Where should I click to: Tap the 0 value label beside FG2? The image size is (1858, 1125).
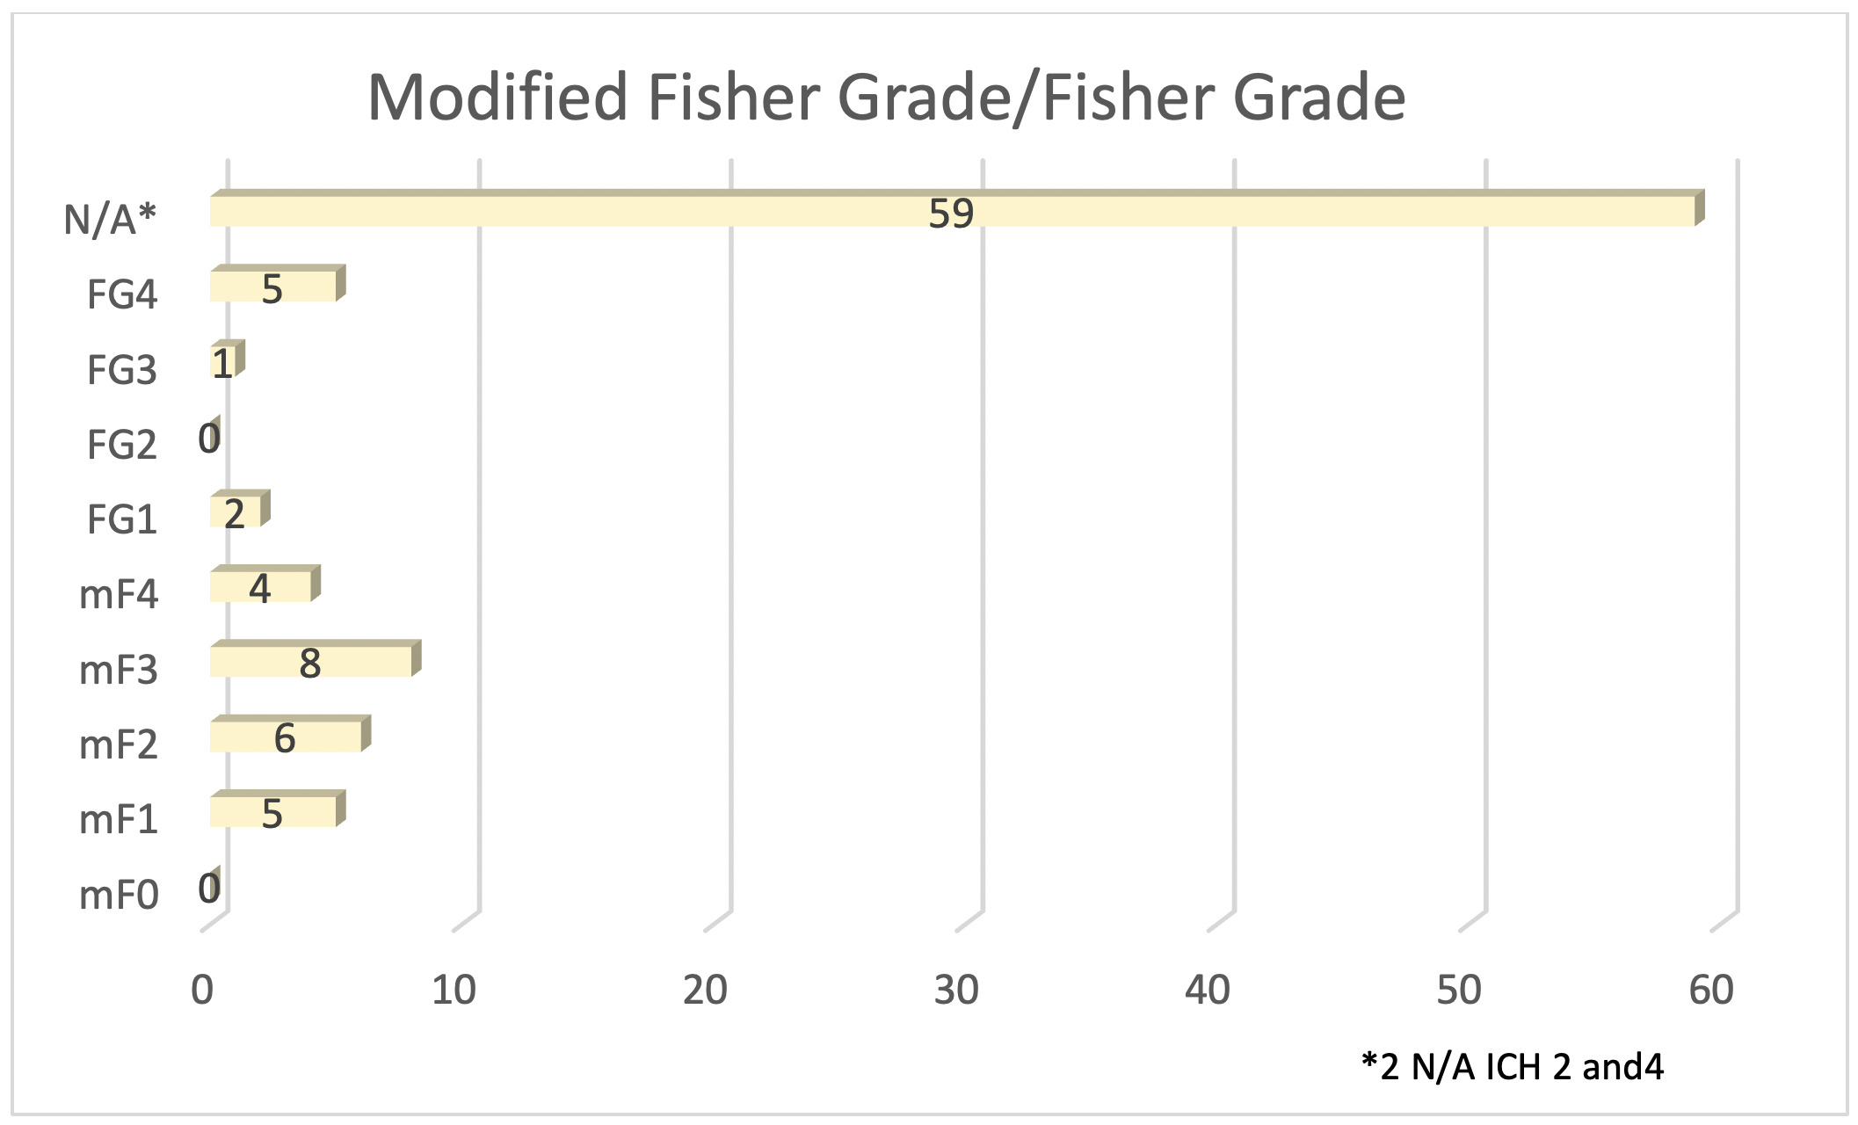coord(209,438)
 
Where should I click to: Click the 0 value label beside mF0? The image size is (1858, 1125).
coord(209,889)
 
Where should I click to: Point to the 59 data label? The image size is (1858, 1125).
coord(951,214)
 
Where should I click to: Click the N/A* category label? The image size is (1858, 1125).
coord(110,219)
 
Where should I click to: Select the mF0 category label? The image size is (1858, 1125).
coord(119,896)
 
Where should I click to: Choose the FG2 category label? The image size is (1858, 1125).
coord(121,445)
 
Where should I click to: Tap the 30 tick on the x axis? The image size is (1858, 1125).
coord(956,991)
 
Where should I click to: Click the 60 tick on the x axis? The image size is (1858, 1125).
coord(1710,991)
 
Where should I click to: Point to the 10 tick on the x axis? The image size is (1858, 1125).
coord(454,991)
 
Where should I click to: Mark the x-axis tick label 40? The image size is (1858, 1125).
coord(1208,991)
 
